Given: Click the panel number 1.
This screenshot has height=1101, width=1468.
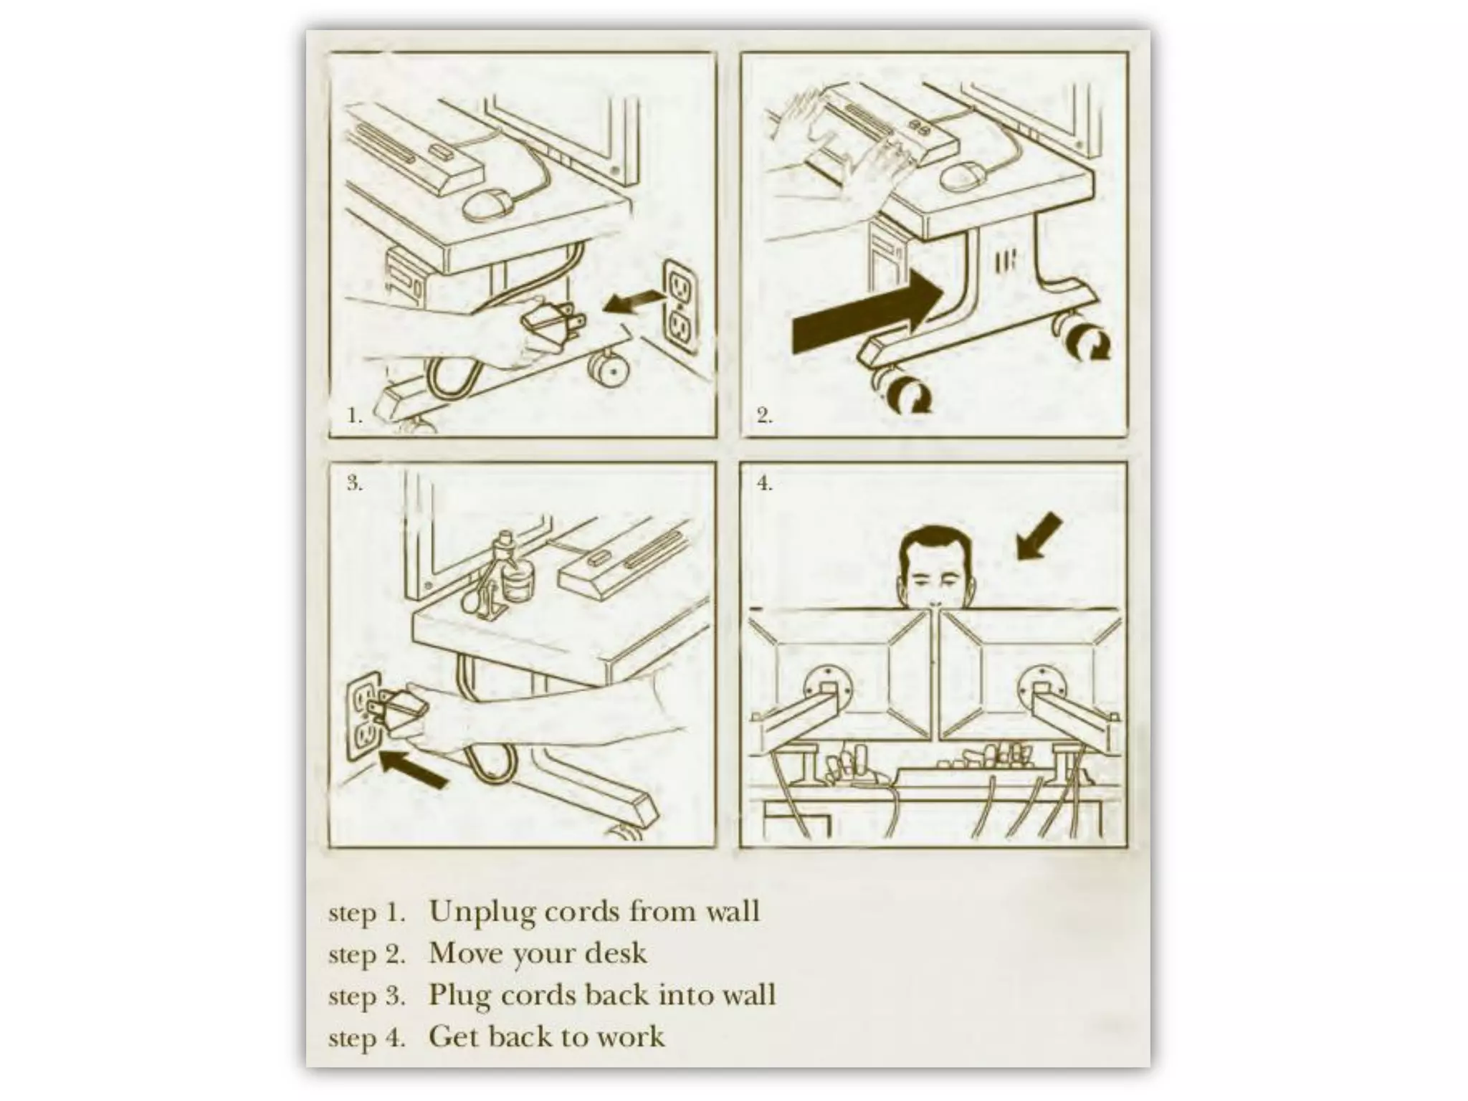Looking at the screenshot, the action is pos(354,416).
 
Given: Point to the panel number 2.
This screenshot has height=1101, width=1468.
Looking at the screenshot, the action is pos(765,416).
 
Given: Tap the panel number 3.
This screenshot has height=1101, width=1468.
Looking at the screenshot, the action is pos(355,483).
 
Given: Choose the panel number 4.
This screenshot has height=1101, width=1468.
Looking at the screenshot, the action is pos(766,483).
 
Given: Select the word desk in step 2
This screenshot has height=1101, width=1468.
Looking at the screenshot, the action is pos(616,953).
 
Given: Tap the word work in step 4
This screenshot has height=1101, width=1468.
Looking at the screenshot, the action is pos(631,1036).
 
